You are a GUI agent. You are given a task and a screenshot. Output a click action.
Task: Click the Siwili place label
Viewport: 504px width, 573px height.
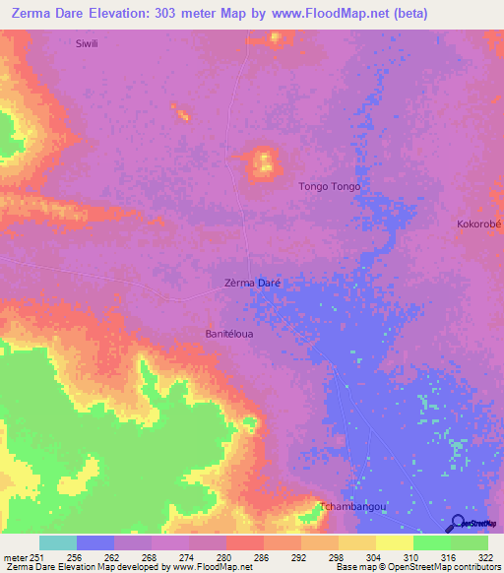point(89,44)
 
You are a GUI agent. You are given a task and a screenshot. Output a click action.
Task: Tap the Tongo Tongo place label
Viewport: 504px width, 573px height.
point(329,186)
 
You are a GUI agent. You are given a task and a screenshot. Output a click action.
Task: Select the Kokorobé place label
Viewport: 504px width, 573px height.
point(479,224)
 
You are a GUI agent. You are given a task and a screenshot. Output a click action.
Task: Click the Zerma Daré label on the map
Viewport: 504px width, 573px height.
point(253,283)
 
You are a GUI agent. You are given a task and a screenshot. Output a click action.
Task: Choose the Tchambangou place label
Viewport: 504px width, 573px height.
point(352,507)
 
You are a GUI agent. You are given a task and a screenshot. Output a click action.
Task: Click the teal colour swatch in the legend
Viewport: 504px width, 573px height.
point(58,542)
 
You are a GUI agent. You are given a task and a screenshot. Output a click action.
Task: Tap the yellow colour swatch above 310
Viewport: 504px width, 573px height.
point(395,542)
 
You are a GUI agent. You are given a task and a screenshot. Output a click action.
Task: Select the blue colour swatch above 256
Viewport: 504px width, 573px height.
point(95,542)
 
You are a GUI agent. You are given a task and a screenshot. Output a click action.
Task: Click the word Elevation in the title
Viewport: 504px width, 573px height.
point(123,14)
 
